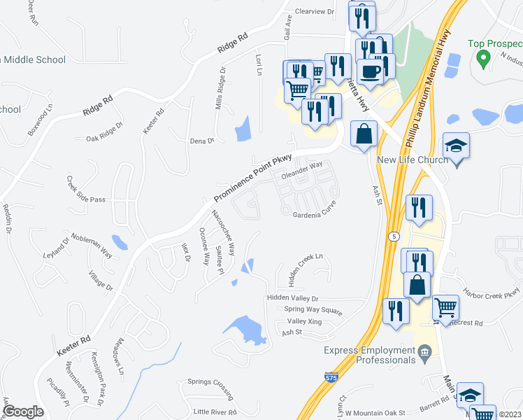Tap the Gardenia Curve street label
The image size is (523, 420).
(315, 209)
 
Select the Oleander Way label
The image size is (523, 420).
(302, 171)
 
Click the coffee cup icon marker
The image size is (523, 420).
(370, 71)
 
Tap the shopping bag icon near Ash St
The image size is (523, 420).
(364, 134)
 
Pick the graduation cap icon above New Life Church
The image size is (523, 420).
(457, 146)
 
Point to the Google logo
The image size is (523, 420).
(23, 411)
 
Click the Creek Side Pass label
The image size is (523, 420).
(86, 199)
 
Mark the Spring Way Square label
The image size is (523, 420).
(313, 309)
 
